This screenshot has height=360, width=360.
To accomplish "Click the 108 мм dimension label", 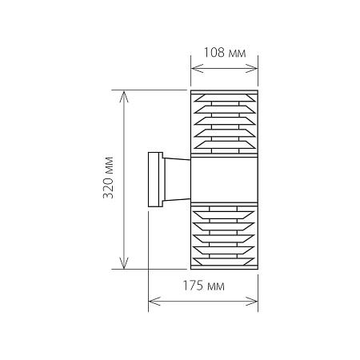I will coord(225,52).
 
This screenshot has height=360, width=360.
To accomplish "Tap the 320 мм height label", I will coord(110,180).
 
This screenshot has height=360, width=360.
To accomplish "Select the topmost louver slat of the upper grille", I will coord(225,102).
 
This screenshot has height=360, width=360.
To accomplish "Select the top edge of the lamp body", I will coord(225,91).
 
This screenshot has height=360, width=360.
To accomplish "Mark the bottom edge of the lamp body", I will coord(225,269).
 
